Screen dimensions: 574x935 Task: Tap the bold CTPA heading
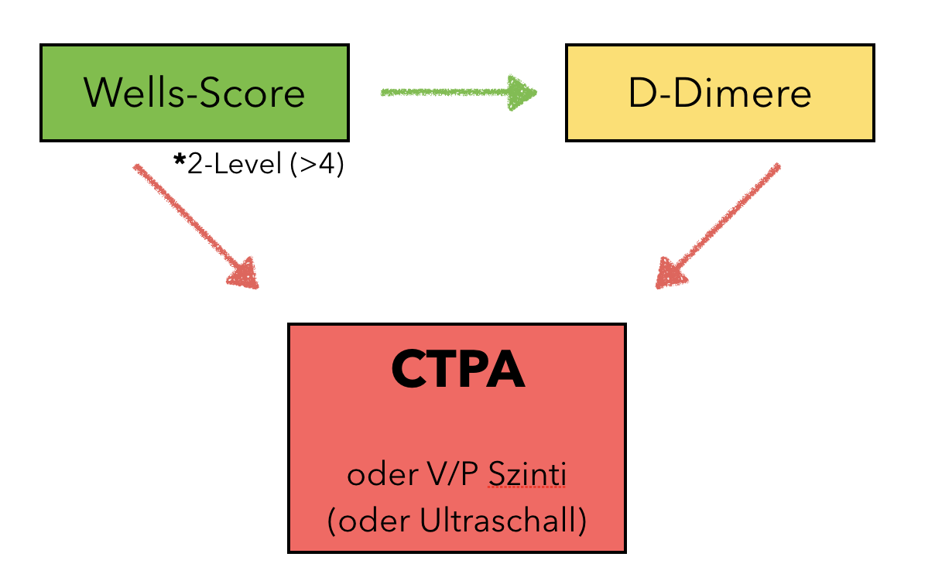click(x=457, y=371)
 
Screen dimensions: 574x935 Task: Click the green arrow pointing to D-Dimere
click(x=457, y=92)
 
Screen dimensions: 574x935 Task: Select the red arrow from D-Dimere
click(x=720, y=224)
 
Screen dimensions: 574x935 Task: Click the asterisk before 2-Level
click(x=180, y=163)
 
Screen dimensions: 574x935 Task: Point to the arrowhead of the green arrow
click(x=522, y=92)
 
